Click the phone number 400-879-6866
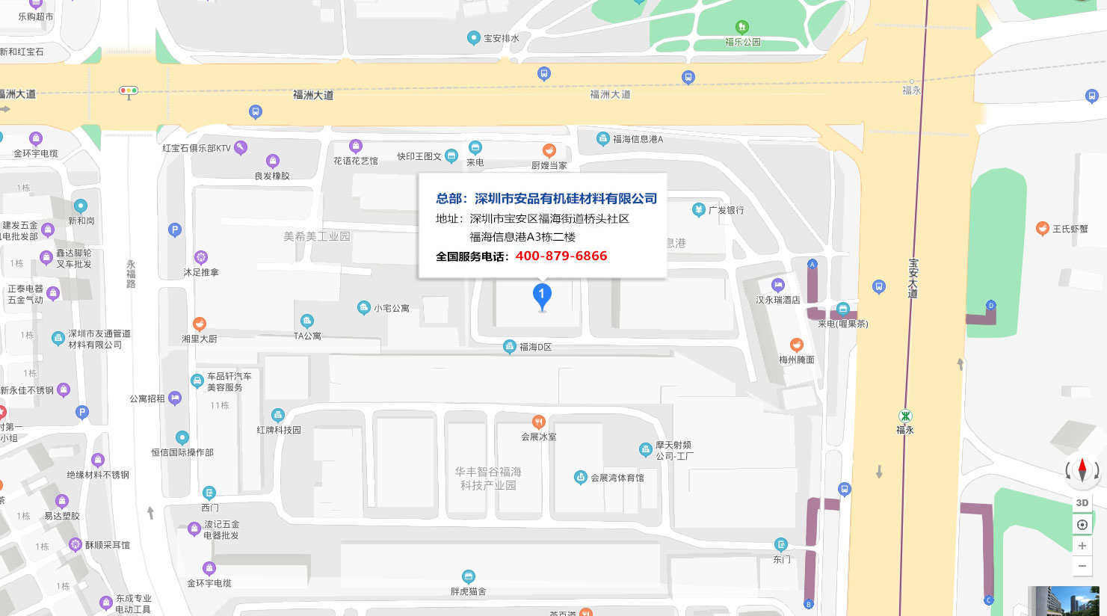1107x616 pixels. (x=561, y=256)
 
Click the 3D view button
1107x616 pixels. (x=1082, y=503)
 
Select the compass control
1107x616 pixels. (x=1082, y=470)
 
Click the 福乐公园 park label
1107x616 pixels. (x=742, y=42)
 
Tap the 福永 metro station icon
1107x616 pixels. (x=905, y=416)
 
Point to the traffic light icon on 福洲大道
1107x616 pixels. (x=129, y=91)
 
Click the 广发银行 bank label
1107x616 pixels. (x=726, y=210)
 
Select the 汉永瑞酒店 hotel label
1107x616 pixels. (x=777, y=300)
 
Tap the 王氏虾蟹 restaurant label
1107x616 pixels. (x=1070, y=229)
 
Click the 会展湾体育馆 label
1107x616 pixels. (x=617, y=478)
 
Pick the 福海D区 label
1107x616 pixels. (x=535, y=347)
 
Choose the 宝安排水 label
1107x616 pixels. (x=501, y=38)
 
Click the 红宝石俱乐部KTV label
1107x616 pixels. (x=197, y=148)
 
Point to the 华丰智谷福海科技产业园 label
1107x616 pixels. (x=488, y=478)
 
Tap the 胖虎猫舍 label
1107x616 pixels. (x=468, y=591)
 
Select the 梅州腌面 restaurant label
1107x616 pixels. (x=797, y=360)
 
